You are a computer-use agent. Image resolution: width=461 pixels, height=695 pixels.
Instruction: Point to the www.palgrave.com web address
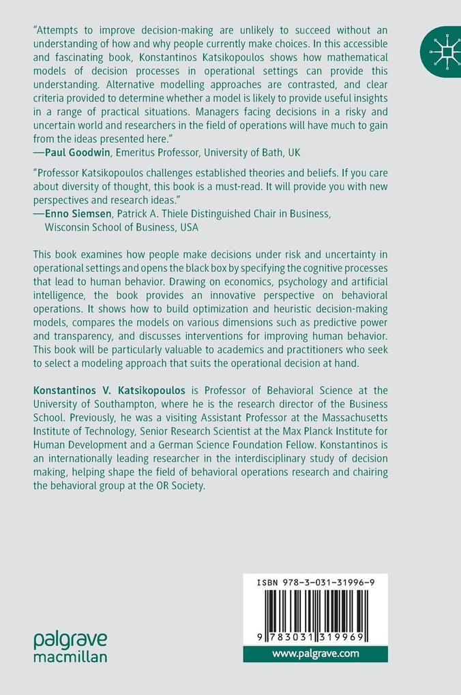click(x=315, y=654)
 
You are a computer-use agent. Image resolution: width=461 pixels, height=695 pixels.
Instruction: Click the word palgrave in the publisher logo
click(x=70, y=640)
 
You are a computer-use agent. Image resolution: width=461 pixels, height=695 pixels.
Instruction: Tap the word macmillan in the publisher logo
click(x=70, y=657)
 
